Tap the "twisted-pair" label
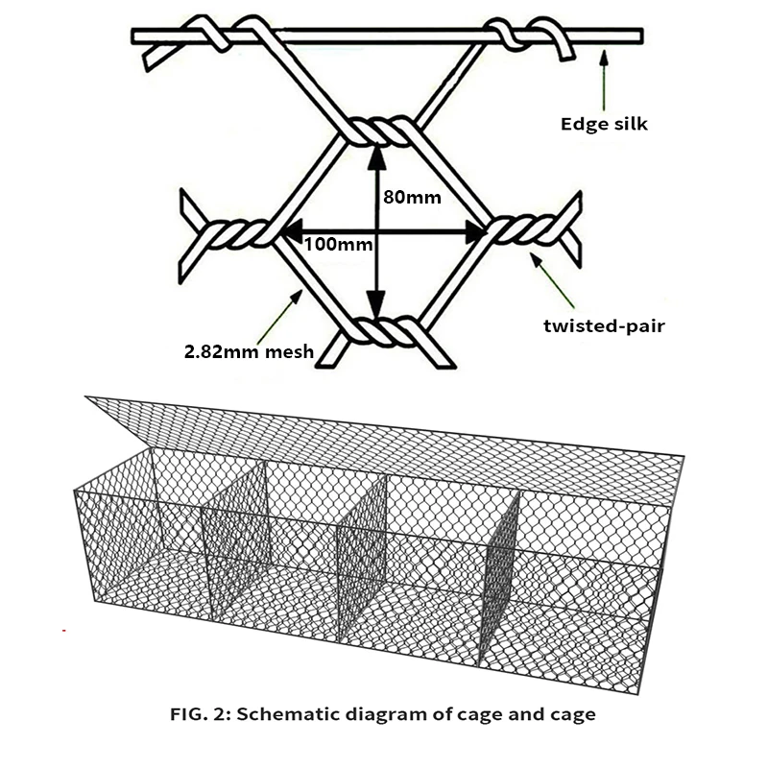(604, 325)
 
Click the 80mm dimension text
(412, 199)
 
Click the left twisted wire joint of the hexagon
(236, 233)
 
